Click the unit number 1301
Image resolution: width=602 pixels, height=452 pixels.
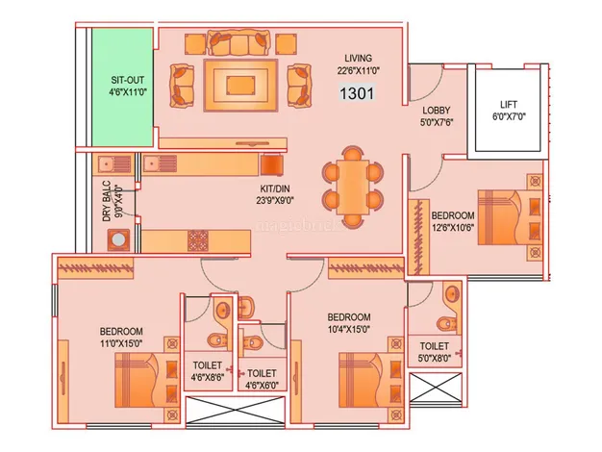[x=356, y=93]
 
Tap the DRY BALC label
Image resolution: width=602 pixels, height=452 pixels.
[x=113, y=202]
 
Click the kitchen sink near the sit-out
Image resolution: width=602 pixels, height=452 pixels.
[x=121, y=163]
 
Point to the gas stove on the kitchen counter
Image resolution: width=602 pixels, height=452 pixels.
[x=198, y=239]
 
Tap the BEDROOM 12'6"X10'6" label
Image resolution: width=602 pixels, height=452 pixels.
[x=452, y=221]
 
